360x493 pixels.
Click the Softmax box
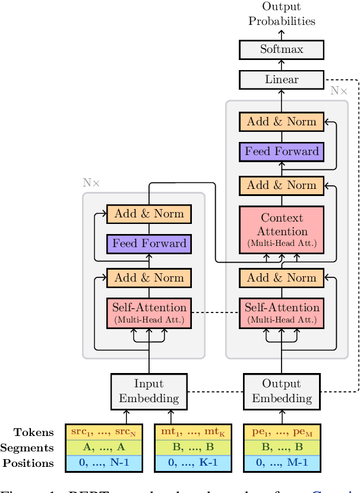(282, 49)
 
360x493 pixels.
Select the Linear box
(282, 79)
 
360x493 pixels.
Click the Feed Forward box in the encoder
(149, 243)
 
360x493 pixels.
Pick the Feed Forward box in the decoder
(282, 151)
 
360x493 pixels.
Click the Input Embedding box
(149, 391)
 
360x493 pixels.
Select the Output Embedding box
(282, 391)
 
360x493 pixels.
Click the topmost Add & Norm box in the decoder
(282, 121)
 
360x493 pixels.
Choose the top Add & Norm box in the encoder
(149, 213)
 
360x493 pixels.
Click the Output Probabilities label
(282, 14)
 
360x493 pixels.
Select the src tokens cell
(104, 432)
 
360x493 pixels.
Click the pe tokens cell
(282, 432)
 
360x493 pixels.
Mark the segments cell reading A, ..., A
(104, 448)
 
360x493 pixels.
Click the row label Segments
(34, 448)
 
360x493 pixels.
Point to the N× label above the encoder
(91, 183)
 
